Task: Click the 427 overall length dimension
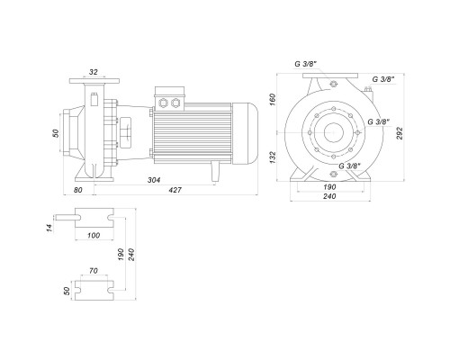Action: point(175,190)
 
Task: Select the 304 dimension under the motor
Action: point(154,180)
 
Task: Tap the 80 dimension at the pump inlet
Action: point(77,190)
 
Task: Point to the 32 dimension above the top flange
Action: point(94,72)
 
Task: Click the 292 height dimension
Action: point(400,133)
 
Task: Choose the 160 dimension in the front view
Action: point(272,99)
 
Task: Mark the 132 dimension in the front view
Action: point(272,157)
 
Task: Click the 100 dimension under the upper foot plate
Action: point(94,236)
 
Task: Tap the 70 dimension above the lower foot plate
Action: point(94,271)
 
